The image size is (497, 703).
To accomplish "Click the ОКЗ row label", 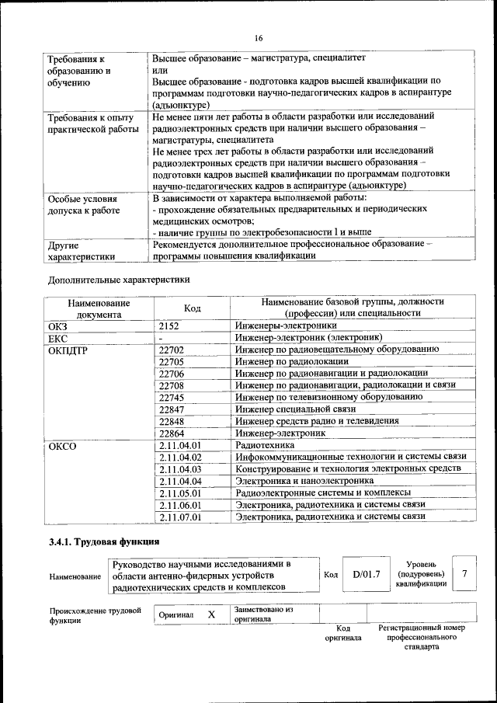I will pyautogui.click(x=59, y=326).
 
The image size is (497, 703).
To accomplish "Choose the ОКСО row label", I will pyautogui.click(x=62, y=447).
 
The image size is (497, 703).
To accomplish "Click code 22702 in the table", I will pyautogui.click(x=171, y=350).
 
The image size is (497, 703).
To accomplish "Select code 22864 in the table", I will pyautogui.click(x=171, y=433).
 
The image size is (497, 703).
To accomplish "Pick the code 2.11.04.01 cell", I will pyautogui.click(x=179, y=446).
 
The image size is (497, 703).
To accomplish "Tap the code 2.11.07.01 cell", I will pyautogui.click(x=179, y=516).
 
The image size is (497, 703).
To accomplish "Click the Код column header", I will pyautogui.click(x=192, y=308).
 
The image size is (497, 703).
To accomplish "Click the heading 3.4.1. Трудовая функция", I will pyautogui.click(x=104, y=541).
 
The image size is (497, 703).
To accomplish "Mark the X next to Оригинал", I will pyautogui.click(x=211, y=614).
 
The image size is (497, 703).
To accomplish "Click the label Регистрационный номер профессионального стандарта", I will pyautogui.click(x=421, y=636).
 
